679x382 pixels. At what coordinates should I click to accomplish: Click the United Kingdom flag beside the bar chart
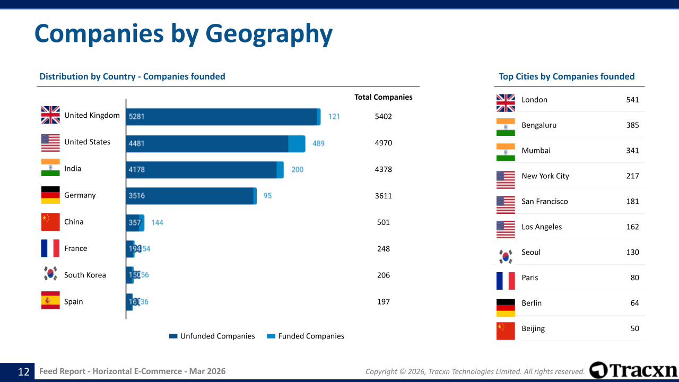pos(50,115)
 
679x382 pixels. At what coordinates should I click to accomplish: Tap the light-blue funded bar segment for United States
pos(297,143)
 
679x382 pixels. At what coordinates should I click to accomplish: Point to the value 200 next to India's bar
pos(297,170)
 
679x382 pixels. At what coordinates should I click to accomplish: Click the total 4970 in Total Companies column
pos(383,143)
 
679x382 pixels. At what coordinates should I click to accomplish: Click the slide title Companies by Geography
pos(184,33)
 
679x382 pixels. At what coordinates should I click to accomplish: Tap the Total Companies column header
pos(383,97)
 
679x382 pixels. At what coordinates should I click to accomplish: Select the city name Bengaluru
pos(539,125)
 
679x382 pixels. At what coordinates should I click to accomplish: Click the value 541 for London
pos(632,100)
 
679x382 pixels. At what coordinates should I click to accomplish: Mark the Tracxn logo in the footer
pos(633,370)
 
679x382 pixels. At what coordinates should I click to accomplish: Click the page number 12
pos(24,371)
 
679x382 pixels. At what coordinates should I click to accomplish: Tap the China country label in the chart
pos(74,222)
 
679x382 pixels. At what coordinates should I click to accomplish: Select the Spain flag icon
pos(50,300)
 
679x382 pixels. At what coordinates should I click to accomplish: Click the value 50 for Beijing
pos(634,328)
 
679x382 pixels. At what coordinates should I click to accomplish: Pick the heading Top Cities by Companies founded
pos(567,76)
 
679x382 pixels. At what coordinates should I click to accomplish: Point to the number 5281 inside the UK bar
pos(136,117)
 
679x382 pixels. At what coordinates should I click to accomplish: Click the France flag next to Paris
pos(506,281)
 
